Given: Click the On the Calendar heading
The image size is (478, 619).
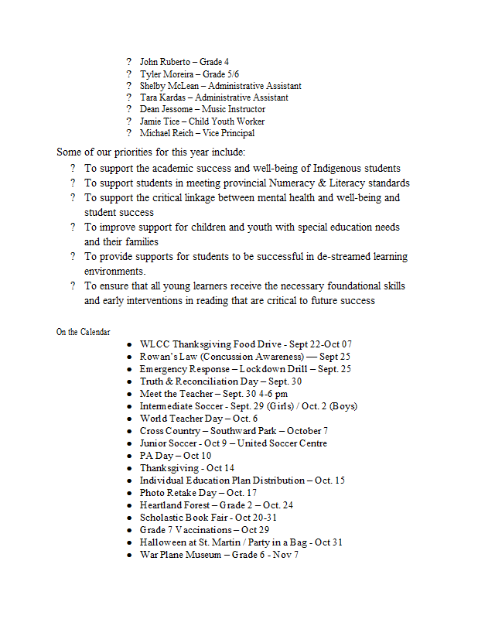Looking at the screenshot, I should click(83, 332).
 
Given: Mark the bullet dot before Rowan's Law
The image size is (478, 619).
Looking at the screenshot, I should click(131, 357).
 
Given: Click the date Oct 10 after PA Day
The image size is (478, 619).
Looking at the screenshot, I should click(196, 456).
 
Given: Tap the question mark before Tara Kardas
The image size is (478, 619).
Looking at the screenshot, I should click(130, 98).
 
